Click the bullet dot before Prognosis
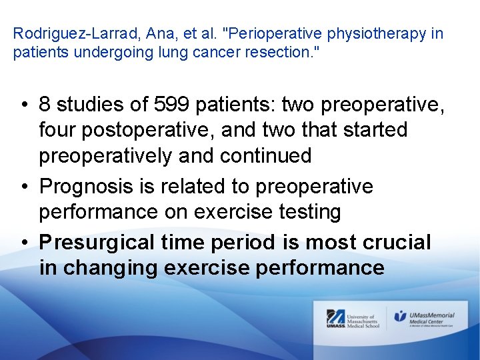click(23, 187)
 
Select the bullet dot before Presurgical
click(23, 243)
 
